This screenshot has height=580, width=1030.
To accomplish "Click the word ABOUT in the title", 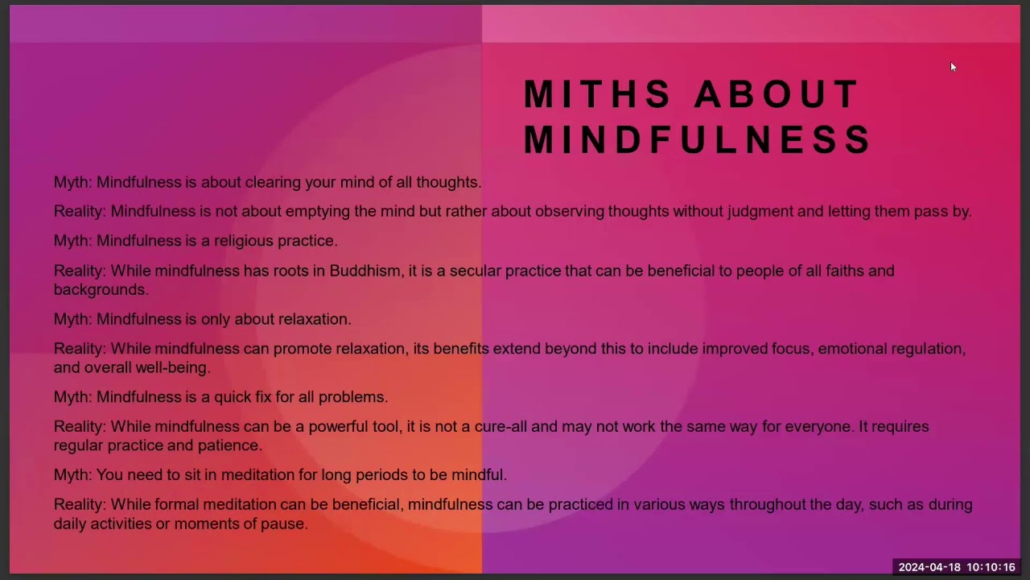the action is (777, 94).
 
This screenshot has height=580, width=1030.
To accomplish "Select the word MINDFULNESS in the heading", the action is (697, 139).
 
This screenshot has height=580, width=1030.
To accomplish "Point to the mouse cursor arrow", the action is (954, 67).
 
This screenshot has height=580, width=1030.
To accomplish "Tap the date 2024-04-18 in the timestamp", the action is (929, 567).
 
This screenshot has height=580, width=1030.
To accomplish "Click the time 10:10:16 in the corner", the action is (991, 567).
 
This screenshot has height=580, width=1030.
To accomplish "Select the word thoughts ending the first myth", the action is (449, 182).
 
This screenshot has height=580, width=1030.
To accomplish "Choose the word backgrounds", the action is (101, 289).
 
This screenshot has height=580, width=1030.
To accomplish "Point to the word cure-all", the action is (501, 427).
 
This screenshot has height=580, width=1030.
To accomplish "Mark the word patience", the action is (230, 445).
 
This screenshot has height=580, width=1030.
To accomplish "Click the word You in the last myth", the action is (109, 474).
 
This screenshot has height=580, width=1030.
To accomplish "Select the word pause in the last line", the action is (284, 524).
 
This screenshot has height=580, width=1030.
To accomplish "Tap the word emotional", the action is (852, 349).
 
